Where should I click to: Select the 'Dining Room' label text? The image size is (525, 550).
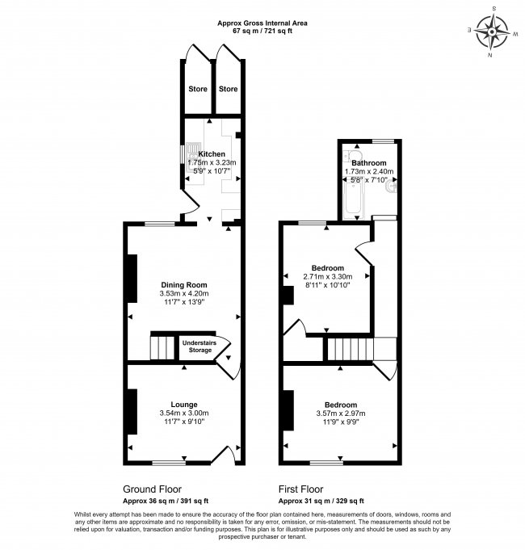(184, 284)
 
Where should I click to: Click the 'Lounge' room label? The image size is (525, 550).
(184, 404)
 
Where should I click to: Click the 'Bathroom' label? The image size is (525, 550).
(368, 162)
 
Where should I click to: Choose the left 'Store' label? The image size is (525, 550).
(197, 89)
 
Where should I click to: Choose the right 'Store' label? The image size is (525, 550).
(229, 89)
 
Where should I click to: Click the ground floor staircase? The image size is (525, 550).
(163, 347)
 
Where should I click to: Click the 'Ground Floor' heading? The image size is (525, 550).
(152, 489)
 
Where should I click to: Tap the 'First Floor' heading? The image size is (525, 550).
(301, 489)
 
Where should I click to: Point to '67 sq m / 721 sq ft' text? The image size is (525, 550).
(262, 31)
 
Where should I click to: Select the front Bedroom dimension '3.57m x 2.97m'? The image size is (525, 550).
(340, 413)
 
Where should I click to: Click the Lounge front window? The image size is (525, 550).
(168, 463)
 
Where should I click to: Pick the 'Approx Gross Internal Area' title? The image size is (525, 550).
(262, 23)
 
